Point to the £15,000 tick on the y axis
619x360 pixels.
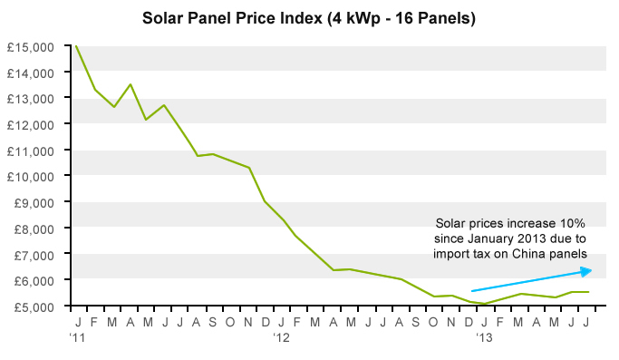31,46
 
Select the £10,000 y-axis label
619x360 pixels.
31,176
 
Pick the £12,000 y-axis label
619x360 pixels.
31,124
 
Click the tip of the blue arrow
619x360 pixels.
591,270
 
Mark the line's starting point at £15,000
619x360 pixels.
76,46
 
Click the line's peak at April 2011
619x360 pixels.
131,84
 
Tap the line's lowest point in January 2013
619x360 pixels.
485,304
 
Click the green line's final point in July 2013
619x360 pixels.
589,292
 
